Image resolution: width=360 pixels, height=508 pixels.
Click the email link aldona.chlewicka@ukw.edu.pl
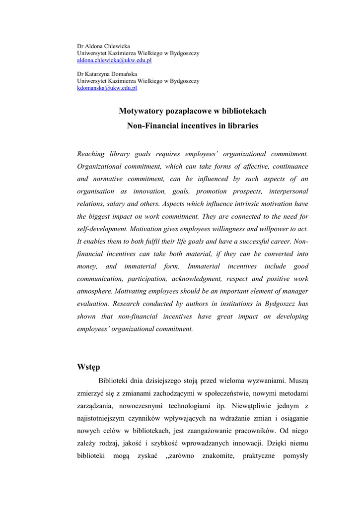pyautogui.click(x=114, y=60)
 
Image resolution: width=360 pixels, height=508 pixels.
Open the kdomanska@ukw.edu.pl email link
pyautogui.click(x=107, y=88)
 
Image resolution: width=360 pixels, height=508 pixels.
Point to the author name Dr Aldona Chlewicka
pyautogui.click(x=103, y=46)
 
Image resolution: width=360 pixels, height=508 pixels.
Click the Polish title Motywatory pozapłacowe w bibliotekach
pyautogui.click(x=193, y=111)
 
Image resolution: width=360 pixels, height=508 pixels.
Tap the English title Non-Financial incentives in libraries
pyautogui.click(x=193, y=126)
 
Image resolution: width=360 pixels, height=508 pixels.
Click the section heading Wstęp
pyautogui.click(x=88, y=367)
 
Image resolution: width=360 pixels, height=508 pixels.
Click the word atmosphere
pyautogui.click(x=94, y=291)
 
